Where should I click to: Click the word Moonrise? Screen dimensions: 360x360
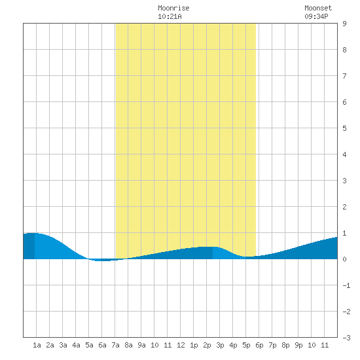coord(173,8)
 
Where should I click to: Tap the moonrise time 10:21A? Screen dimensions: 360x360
coord(170,16)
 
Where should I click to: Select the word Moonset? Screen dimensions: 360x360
coord(318,8)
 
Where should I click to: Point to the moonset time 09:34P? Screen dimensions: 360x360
coord(316,16)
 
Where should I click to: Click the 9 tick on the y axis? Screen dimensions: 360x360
coord(344,24)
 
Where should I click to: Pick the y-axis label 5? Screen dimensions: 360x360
coord(344,128)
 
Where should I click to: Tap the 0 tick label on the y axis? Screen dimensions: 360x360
coord(344,259)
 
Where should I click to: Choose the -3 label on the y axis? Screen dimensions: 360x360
coord(346,338)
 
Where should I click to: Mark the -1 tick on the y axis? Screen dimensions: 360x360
coord(346,285)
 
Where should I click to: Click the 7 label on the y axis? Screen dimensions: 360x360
coord(344,76)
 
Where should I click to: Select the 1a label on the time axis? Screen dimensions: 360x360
coord(37,345)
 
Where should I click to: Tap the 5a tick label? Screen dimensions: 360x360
coord(89,345)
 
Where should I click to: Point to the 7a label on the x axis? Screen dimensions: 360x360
coord(115,345)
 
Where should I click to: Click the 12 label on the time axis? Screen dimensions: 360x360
coord(181,345)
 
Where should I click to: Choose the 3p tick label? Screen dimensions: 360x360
coord(220,345)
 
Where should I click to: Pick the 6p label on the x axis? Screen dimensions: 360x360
coord(259,345)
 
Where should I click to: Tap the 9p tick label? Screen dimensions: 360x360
coord(298,345)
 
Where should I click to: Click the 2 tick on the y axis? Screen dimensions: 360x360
coord(344,207)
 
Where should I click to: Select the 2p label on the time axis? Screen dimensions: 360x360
coord(207,345)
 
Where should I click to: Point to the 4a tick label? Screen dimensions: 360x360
coord(76,345)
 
